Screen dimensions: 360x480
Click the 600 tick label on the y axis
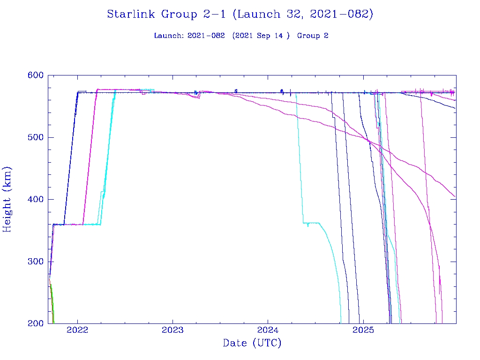(35, 75)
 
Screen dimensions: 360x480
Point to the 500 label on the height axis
(35, 137)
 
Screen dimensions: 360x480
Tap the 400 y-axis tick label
(35, 199)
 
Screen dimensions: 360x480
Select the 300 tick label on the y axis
(35, 262)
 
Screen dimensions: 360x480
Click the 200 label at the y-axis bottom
(35, 323)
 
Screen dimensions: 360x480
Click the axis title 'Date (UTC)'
(252, 344)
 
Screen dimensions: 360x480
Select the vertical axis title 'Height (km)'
(7, 199)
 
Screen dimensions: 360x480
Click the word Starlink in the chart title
(132, 14)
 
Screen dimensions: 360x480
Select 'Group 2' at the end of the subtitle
(312, 36)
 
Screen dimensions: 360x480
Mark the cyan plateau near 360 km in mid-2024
(312, 223)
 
